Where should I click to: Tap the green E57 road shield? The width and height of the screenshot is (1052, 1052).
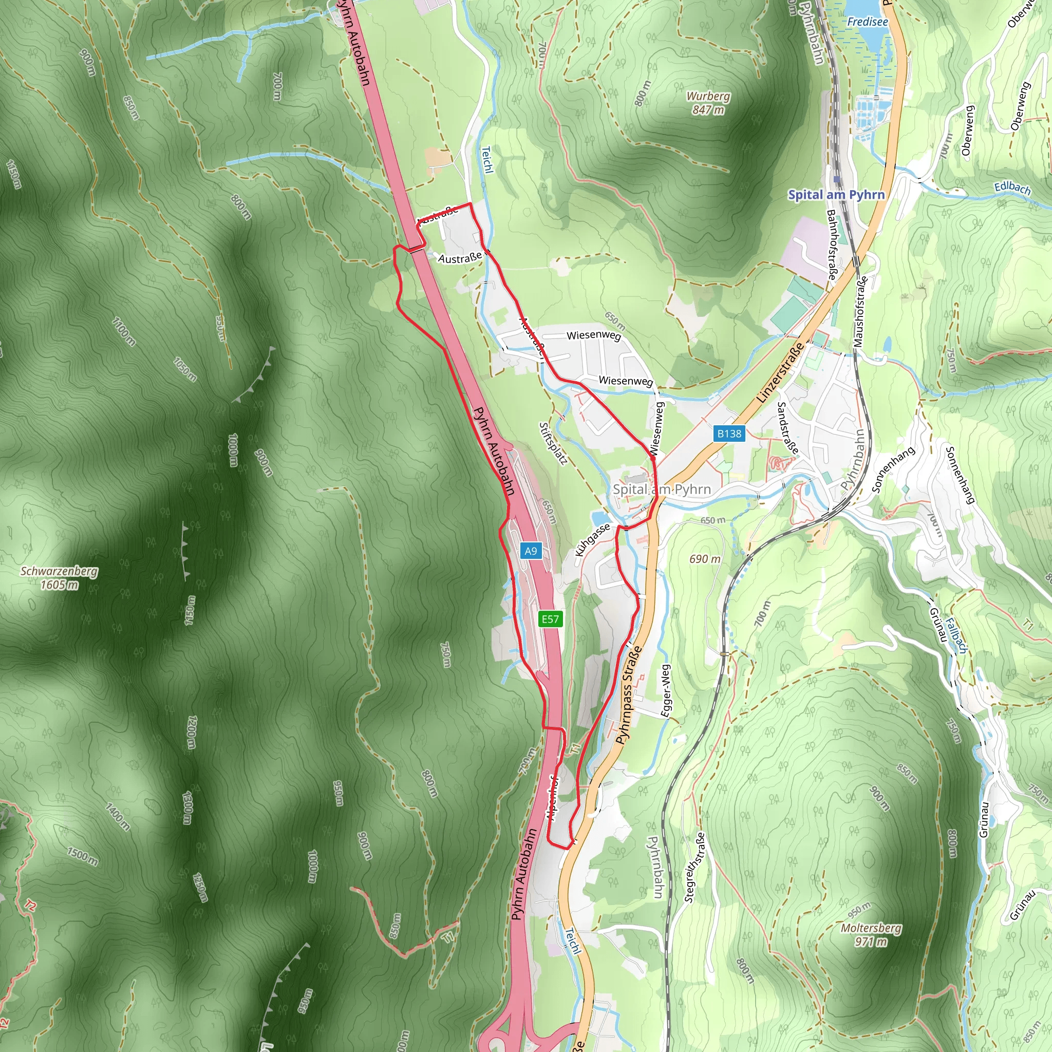click(550, 619)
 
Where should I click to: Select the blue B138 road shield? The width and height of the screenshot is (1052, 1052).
click(728, 434)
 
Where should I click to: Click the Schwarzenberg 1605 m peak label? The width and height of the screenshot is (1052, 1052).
click(60, 578)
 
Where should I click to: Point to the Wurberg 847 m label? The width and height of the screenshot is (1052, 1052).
click(708, 103)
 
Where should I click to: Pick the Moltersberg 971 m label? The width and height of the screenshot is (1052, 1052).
click(871, 934)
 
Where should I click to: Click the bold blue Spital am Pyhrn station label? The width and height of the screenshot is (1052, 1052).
click(836, 194)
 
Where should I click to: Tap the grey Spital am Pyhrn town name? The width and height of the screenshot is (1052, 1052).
click(662, 489)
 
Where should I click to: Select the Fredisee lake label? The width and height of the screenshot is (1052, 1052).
click(868, 22)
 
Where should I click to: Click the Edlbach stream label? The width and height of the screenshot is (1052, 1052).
click(1012, 188)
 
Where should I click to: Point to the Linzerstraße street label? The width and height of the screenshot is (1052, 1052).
click(780, 373)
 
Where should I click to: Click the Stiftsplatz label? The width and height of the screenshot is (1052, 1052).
click(553, 443)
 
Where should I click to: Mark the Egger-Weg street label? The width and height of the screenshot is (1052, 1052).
click(665, 690)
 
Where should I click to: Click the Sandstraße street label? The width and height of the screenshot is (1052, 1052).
click(788, 428)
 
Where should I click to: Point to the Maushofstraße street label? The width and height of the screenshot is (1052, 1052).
click(860, 312)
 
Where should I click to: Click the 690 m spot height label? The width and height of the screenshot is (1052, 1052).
click(705, 559)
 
